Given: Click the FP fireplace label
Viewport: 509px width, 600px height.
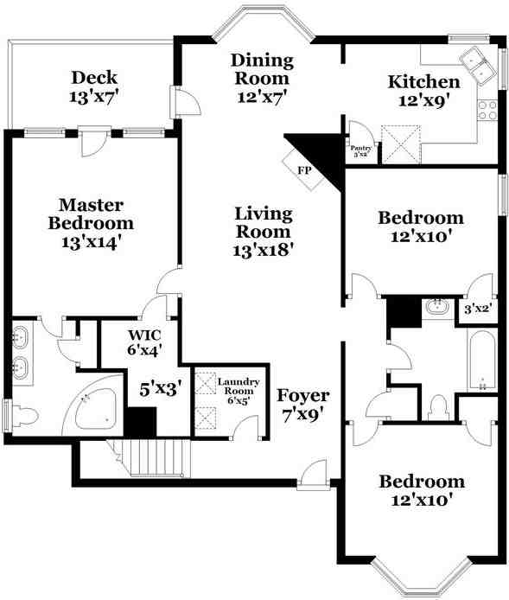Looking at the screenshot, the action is coord(304,170).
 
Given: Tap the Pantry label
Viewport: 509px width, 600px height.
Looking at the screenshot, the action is coord(360,148).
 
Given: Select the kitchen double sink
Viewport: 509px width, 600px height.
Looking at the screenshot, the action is coord(478,64).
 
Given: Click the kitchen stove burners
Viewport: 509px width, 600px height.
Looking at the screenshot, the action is coord(488,110).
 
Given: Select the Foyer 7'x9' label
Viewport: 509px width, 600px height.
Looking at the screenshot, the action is coord(302,405).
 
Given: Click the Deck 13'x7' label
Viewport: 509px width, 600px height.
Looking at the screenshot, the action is coord(93,86).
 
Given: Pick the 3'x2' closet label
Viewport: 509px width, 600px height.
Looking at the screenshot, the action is coord(478,309).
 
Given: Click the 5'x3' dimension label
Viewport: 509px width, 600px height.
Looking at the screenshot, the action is coord(160,390).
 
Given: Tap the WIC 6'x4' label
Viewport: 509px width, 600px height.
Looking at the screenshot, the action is coord(144,342).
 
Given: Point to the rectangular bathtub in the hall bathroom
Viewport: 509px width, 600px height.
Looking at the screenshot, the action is coord(482,361).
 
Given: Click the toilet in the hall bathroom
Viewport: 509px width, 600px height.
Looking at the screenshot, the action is coord(438,408).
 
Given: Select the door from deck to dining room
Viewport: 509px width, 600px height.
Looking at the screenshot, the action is coord(185,102).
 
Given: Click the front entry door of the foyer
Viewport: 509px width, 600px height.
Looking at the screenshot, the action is coord(314,475).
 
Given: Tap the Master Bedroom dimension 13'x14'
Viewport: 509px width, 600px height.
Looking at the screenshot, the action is coord(92,242).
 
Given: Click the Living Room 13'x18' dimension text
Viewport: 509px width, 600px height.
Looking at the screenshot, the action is coord(263,250).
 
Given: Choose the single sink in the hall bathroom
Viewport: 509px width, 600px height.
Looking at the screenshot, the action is coord(438,307).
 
